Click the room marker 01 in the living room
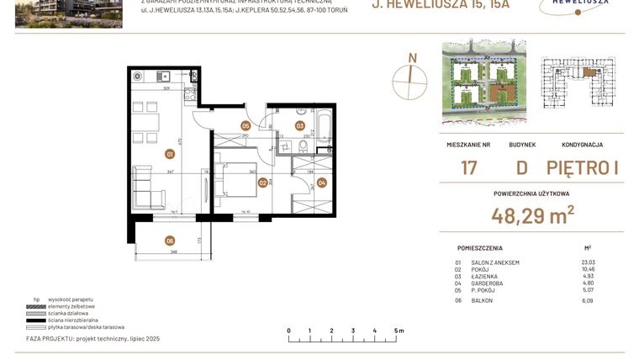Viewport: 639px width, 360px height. (x=170, y=154)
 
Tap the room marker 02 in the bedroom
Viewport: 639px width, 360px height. (x=262, y=183)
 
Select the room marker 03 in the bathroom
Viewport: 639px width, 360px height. (x=299, y=126)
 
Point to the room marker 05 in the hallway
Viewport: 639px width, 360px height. (x=246, y=126)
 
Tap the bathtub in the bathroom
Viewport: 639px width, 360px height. (x=323, y=126)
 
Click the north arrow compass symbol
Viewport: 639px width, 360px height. (x=411, y=77)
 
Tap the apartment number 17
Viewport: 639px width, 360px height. (x=468, y=167)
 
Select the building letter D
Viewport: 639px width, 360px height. (x=521, y=167)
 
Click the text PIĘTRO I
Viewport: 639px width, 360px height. (x=582, y=167)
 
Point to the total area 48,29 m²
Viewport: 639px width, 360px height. (x=532, y=215)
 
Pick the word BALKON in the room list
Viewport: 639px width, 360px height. (x=483, y=300)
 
